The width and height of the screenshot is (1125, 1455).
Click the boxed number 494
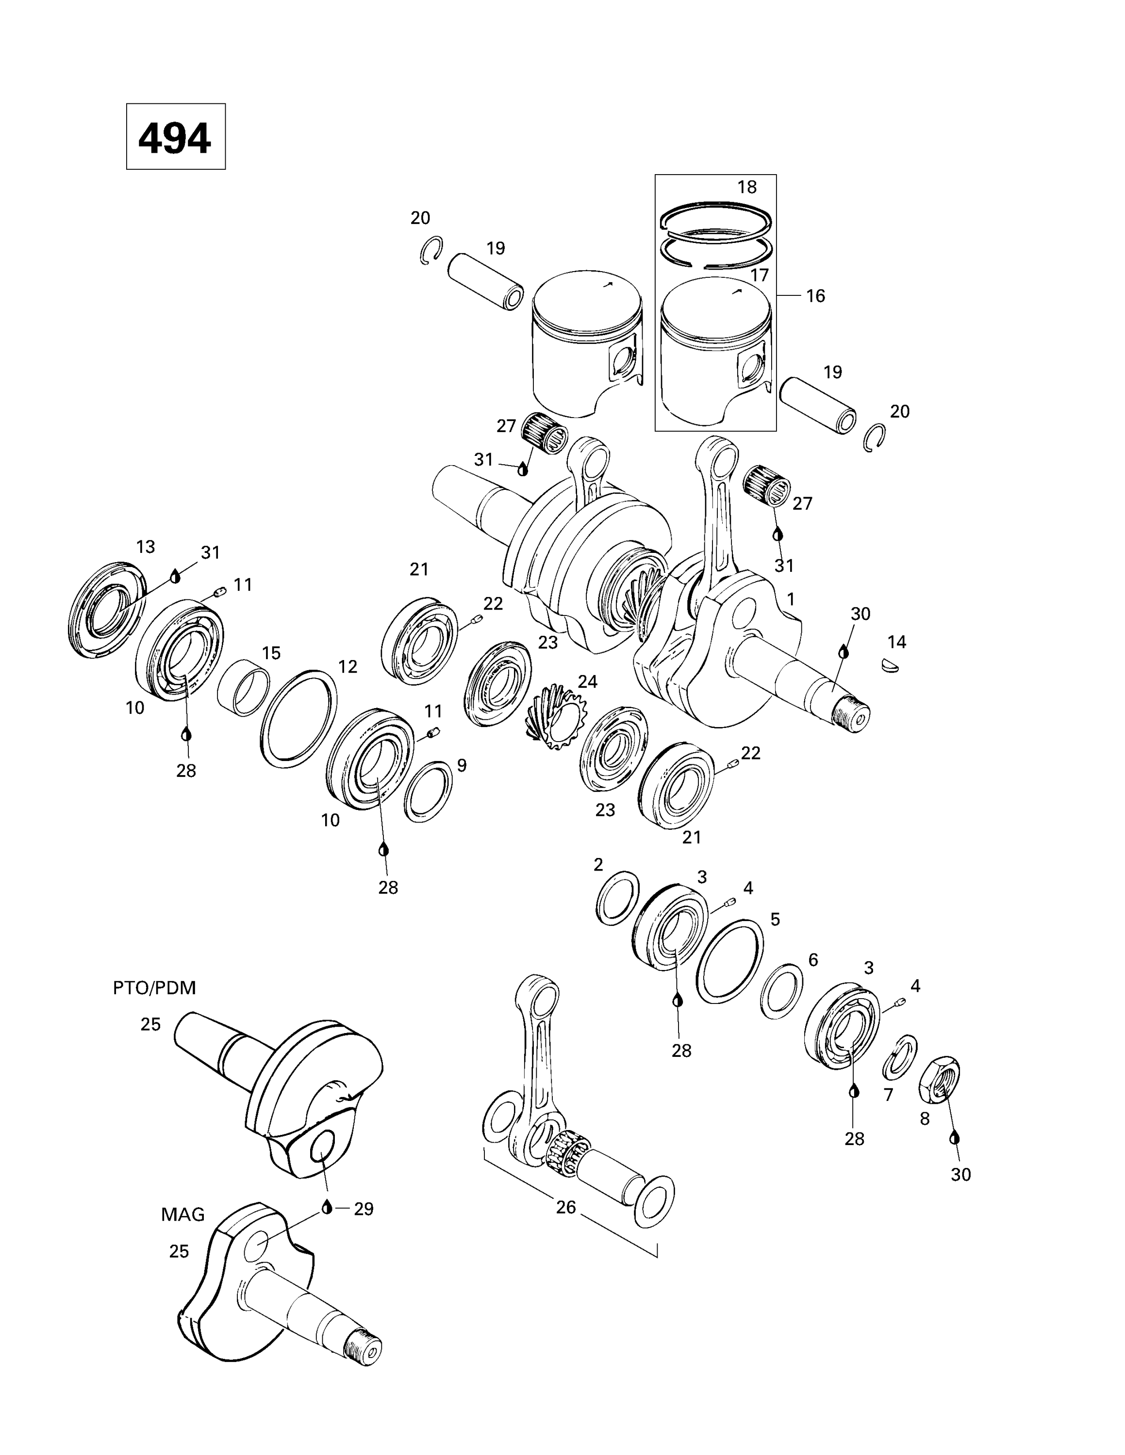pyautogui.click(x=175, y=138)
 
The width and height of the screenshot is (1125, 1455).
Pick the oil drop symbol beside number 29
pyautogui.click(x=327, y=1207)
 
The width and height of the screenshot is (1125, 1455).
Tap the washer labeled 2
pyautogui.click(x=616, y=897)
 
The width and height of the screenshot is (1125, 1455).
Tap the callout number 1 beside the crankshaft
pyautogui.click(x=791, y=599)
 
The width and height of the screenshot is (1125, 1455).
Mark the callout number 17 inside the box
pyautogui.click(x=759, y=275)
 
